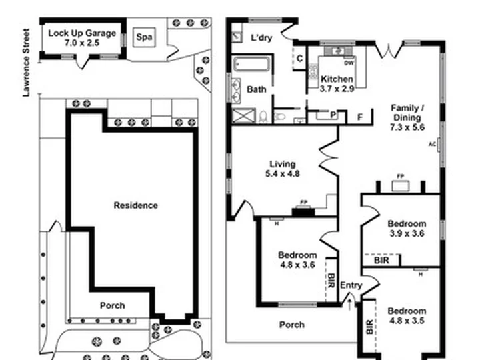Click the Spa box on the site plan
click(144, 37)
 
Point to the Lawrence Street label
click(27, 63)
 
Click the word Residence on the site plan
click(135, 205)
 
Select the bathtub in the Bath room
click(251, 64)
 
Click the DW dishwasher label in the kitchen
click(349, 63)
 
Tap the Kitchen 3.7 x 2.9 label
click(337, 83)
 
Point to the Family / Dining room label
click(407, 117)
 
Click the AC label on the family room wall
click(432, 144)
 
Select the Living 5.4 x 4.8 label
click(282, 169)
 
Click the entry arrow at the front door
click(349, 304)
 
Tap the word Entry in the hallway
click(351, 285)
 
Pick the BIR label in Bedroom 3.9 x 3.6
click(381, 260)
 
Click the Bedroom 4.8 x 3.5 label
click(407, 315)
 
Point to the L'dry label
click(261, 37)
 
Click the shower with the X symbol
click(244, 116)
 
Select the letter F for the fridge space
click(360, 117)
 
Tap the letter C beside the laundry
click(300, 59)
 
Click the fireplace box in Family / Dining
click(401, 186)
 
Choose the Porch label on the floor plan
click(292, 325)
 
